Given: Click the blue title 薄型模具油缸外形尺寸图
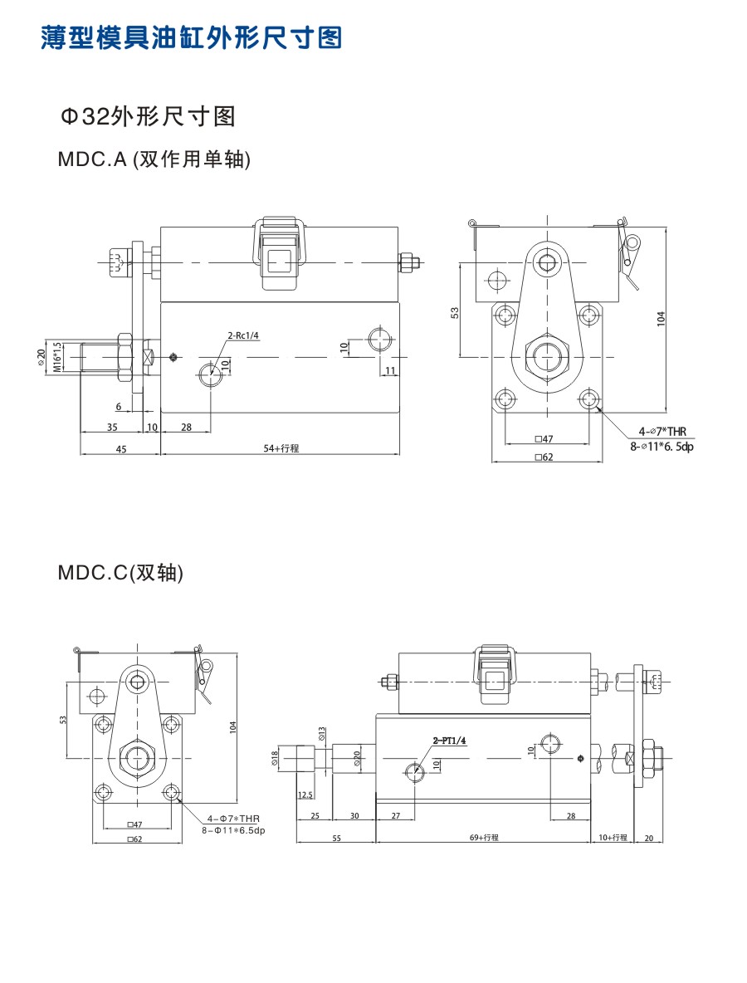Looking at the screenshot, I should pyautogui.click(x=191, y=38).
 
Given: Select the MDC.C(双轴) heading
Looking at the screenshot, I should pyautogui.click(x=120, y=572).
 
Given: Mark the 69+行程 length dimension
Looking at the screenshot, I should pyautogui.click(x=483, y=838).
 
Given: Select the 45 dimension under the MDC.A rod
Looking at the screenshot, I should pyautogui.click(x=120, y=448).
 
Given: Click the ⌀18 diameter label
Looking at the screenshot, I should pyautogui.click(x=275, y=756).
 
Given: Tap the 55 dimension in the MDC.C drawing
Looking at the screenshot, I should pyautogui.click(x=335, y=838).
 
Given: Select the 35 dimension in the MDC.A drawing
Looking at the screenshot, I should pyautogui.click(x=111, y=427).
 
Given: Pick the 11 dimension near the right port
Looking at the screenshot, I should pyautogui.click(x=389, y=370).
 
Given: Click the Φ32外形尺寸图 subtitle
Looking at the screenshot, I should pyautogui.click(x=148, y=116).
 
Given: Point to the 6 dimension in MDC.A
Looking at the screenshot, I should pyautogui.click(x=119, y=406).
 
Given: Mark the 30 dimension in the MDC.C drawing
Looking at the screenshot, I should pyautogui.click(x=354, y=816).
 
